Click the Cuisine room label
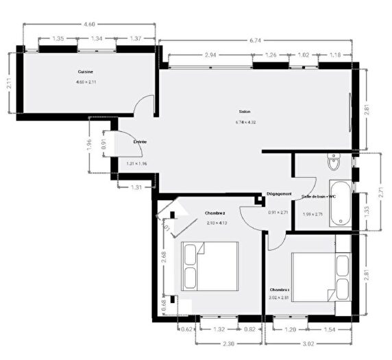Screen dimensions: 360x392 (86, 71)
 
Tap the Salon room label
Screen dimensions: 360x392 (245, 112)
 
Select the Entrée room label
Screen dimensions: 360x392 (140, 142)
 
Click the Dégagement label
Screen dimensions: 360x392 (280, 194)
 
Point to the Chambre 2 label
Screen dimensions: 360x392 (215, 213)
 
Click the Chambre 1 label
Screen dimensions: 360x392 (280, 289)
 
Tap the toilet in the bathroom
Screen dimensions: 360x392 (334, 163)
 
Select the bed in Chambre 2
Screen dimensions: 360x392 (209, 267)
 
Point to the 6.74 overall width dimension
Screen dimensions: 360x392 (255, 40)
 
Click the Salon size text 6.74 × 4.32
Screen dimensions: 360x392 (245, 123)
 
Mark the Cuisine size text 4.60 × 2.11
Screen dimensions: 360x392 (86, 82)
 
